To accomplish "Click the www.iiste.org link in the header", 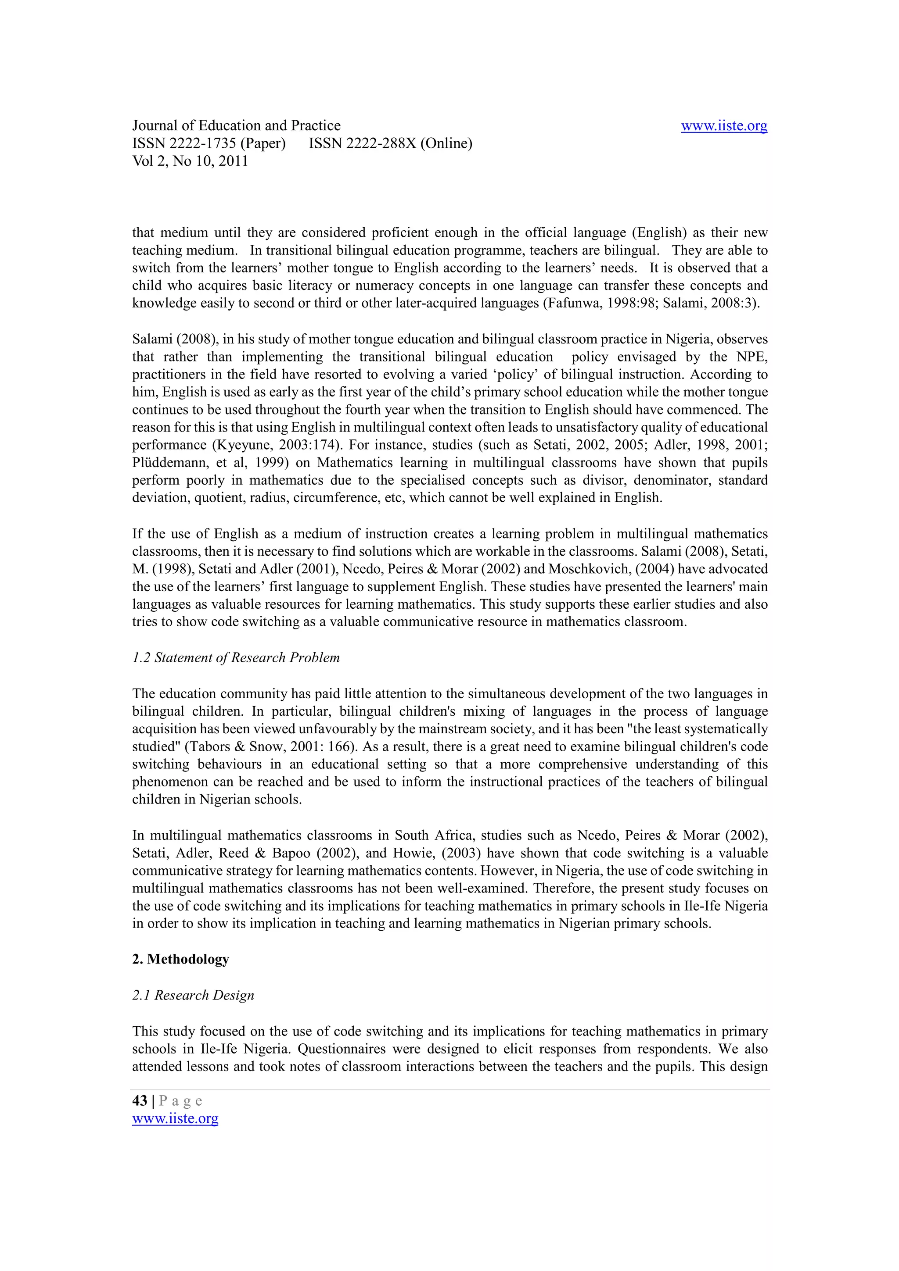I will [723, 126].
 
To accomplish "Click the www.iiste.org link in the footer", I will [175, 1119].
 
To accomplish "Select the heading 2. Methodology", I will [180, 959].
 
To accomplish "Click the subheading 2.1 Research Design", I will [193, 995].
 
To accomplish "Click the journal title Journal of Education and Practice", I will [236, 126].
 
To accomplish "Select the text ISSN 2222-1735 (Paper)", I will [209, 143].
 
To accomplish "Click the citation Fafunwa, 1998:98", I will [601, 303].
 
